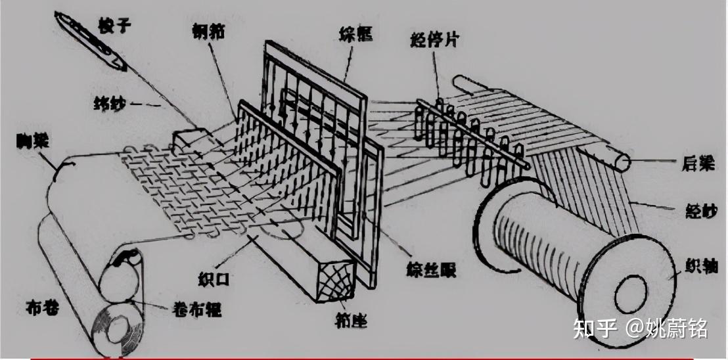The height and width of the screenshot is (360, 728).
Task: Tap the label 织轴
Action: [700, 264]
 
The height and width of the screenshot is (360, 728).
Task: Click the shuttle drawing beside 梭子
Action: [91, 41]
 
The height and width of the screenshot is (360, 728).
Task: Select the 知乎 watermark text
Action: [595, 327]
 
